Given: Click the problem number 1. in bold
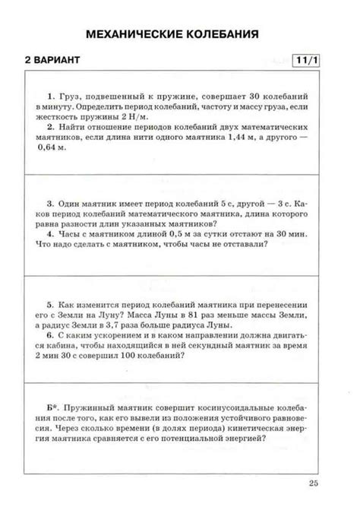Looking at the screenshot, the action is click(51, 97).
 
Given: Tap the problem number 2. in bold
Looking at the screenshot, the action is click(51, 128).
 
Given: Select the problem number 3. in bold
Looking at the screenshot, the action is click(51, 204).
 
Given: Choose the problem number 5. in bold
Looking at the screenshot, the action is click(51, 302).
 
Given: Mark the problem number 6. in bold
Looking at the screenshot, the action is click(51, 334).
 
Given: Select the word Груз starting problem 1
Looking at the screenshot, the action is click(71, 97).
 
